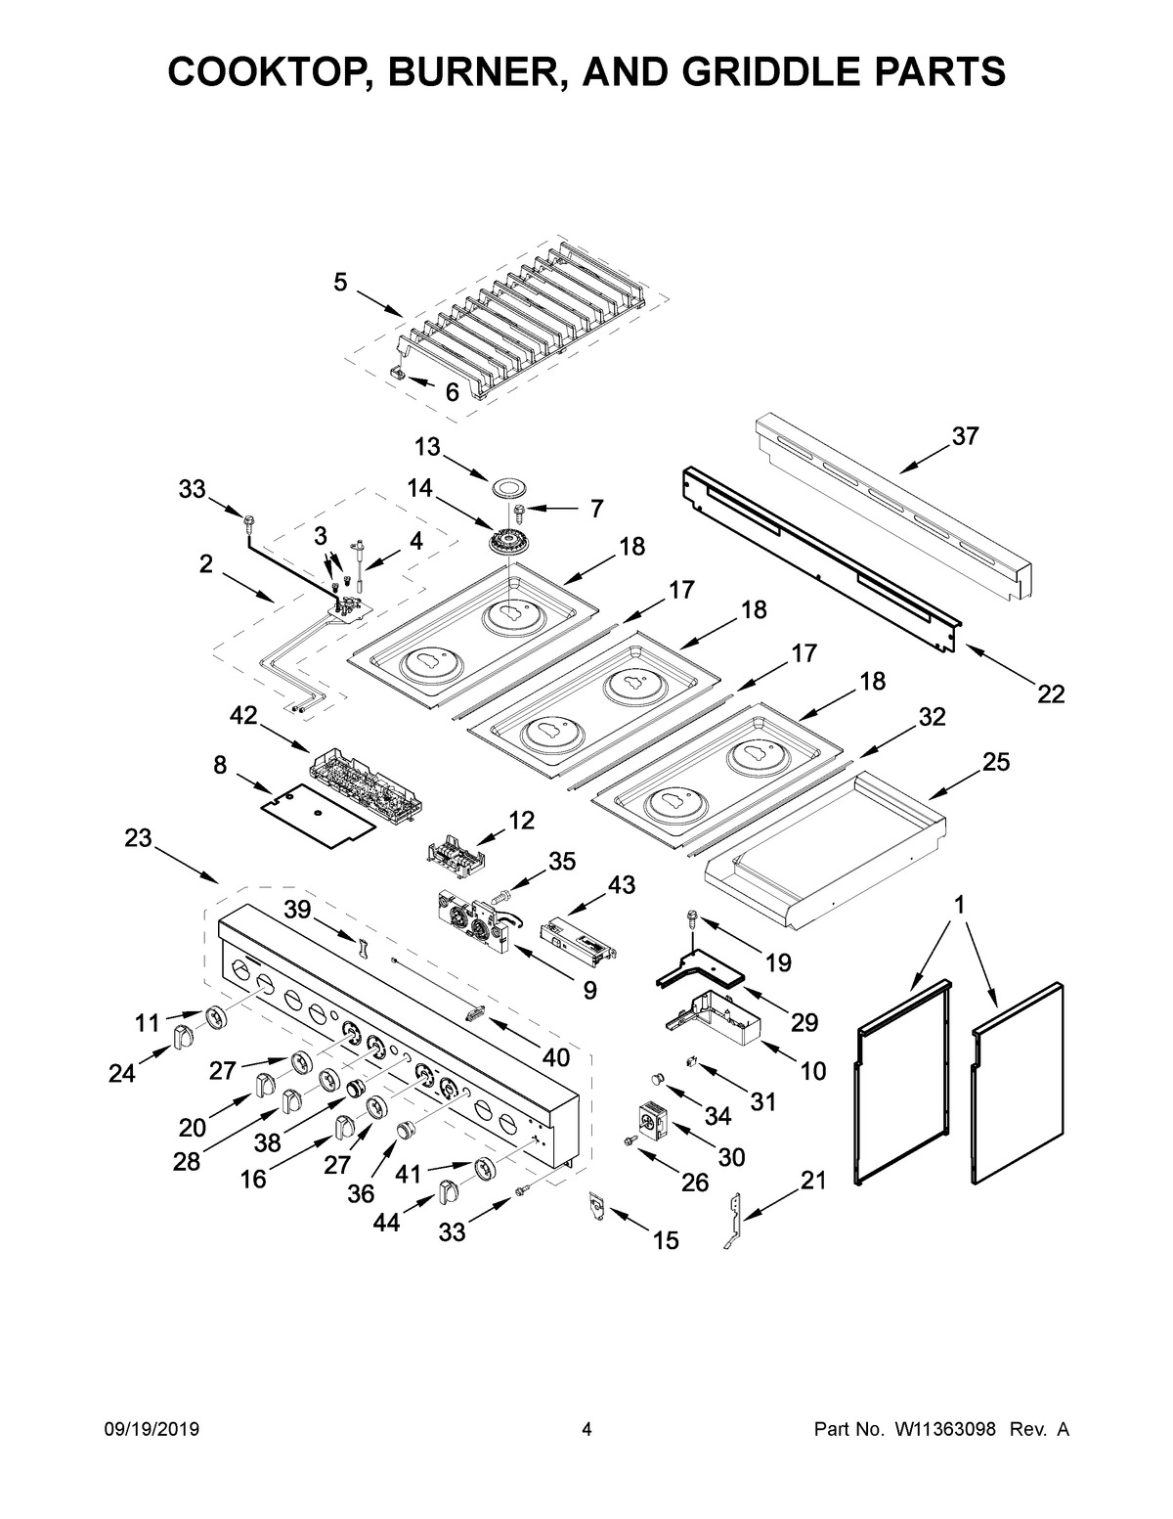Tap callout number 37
[965, 437]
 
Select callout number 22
[1050, 693]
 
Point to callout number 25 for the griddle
[996, 762]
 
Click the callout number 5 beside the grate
[340, 283]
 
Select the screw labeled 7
[518, 510]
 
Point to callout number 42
[243, 717]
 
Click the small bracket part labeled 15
[596, 1207]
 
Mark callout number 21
[813, 1181]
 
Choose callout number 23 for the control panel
[139, 838]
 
